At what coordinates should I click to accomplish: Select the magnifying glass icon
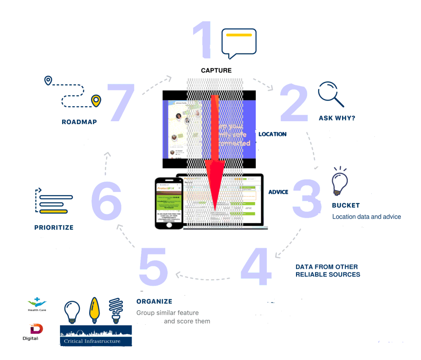tap(331, 94)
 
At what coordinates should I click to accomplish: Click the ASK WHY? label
tap(337, 118)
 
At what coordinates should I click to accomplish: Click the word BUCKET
tap(346, 205)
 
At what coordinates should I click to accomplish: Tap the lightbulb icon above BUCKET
tap(340, 181)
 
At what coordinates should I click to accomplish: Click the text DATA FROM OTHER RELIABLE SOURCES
tap(328, 270)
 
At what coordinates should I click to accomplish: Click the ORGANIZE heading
tap(154, 302)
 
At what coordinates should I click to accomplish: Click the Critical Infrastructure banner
tap(96, 335)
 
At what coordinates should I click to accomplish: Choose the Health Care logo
tap(37, 304)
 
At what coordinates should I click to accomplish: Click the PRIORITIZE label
tap(54, 227)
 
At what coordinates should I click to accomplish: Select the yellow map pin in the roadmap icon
tap(96, 100)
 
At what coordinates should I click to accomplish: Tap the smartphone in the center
tap(169, 203)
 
